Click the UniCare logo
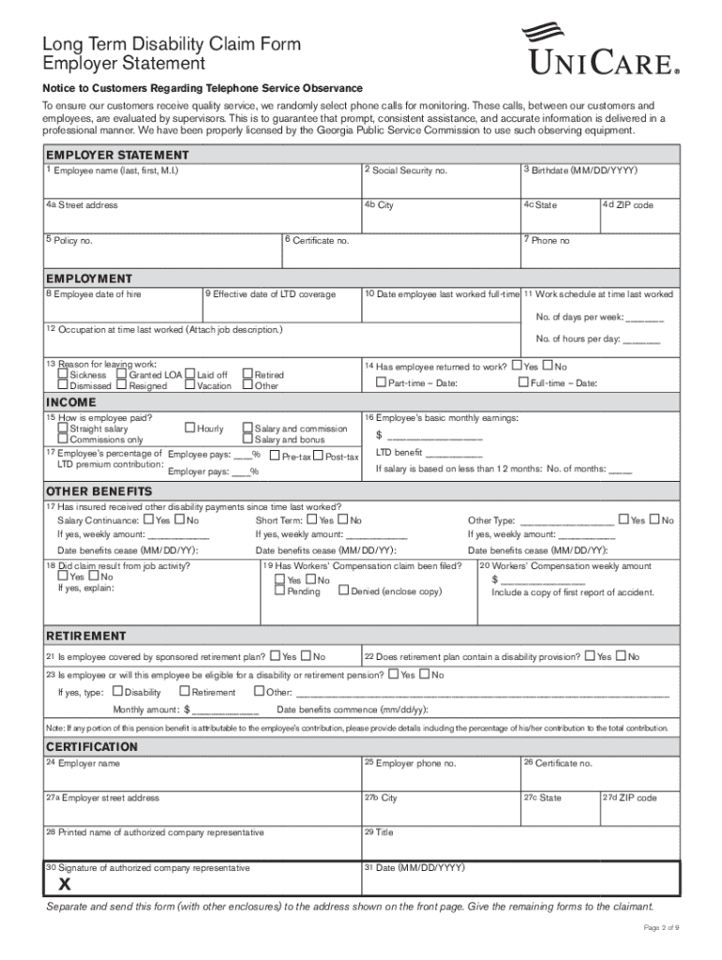[x=600, y=51]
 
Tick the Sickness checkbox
[x=63, y=375]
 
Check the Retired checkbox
[x=248, y=375]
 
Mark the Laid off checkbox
[x=190, y=375]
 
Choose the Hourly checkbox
[x=190, y=428]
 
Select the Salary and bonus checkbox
[x=248, y=440]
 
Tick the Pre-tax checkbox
[x=276, y=457]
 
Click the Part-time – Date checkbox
[x=381, y=382]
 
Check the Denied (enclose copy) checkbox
[x=344, y=592]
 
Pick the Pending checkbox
[x=280, y=592]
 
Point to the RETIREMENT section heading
[x=86, y=636]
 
